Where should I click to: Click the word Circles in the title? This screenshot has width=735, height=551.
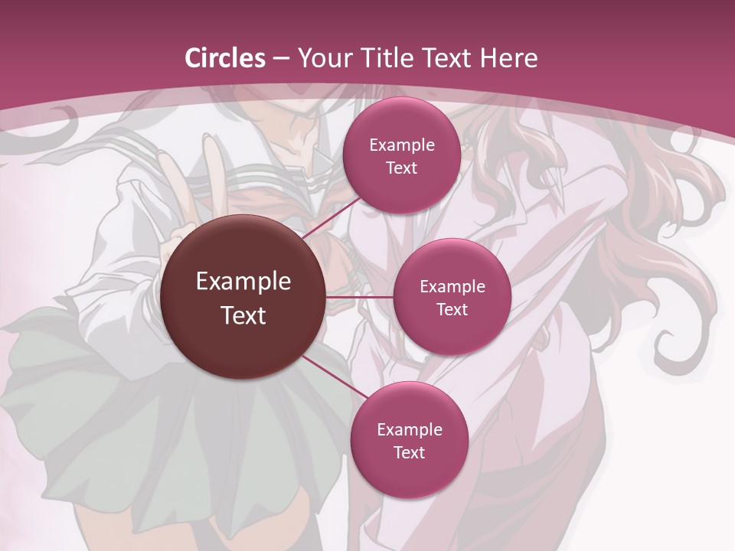point(225,58)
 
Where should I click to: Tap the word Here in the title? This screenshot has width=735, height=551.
point(508,58)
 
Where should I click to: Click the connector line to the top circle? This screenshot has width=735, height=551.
point(334,217)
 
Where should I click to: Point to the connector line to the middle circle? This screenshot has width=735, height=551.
point(360,296)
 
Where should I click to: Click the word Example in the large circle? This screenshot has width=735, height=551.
point(243,282)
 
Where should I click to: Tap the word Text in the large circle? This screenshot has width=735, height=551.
point(243,315)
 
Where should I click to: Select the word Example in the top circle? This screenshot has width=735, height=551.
point(401,145)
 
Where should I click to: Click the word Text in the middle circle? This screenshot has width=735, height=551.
point(452,309)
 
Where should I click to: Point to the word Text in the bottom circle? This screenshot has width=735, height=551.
point(409,452)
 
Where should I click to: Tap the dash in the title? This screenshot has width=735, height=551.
point(281,58)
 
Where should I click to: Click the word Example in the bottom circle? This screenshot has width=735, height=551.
point(409,429)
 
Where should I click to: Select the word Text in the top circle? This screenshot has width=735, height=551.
point(401,168)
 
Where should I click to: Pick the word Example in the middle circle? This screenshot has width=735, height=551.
point(452,287)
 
